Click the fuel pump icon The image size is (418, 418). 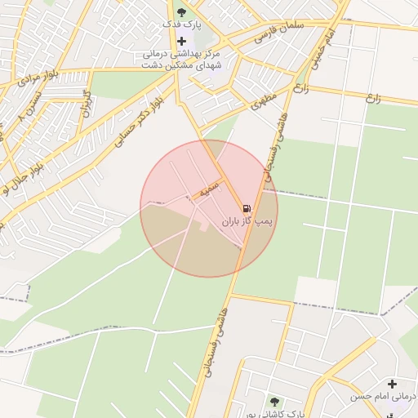[247, 208]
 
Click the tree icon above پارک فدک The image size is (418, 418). [181, 12]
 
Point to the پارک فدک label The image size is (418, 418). [181, 25]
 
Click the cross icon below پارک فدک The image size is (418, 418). [181, 40]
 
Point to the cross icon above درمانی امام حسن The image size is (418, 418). [393, 384]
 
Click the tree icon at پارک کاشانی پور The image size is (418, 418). [274, 402]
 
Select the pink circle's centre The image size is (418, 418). [209, 209]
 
